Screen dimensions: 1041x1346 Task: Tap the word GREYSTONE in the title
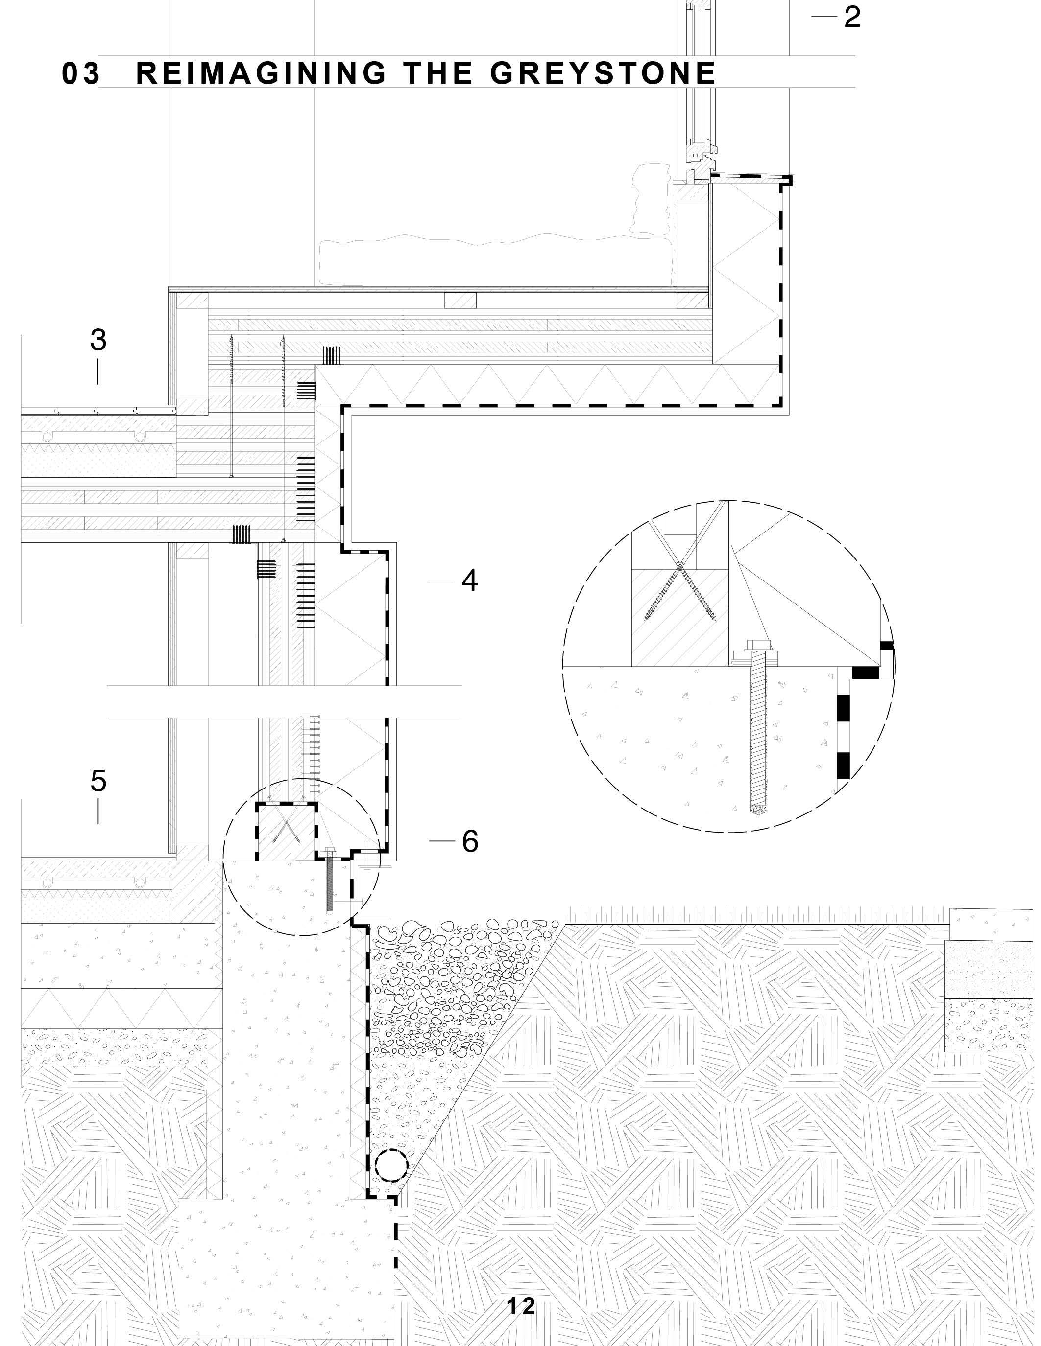tap(603, 73)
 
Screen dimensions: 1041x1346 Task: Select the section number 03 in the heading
tap(80, 74)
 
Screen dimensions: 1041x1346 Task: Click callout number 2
tap(852, 17)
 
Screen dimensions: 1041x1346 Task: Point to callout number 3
tap(98, 340)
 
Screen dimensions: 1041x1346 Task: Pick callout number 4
tap(470, 580)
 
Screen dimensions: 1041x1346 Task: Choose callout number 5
tap(98, 782)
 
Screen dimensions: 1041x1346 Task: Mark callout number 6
tap(470, 841)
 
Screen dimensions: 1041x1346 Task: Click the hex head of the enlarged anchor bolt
tap(755, 648)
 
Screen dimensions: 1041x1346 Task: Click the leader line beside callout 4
tap(441, 580)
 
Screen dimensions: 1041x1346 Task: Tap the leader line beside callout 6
tap(441, 840)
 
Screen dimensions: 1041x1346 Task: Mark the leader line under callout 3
tap(98, 372)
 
